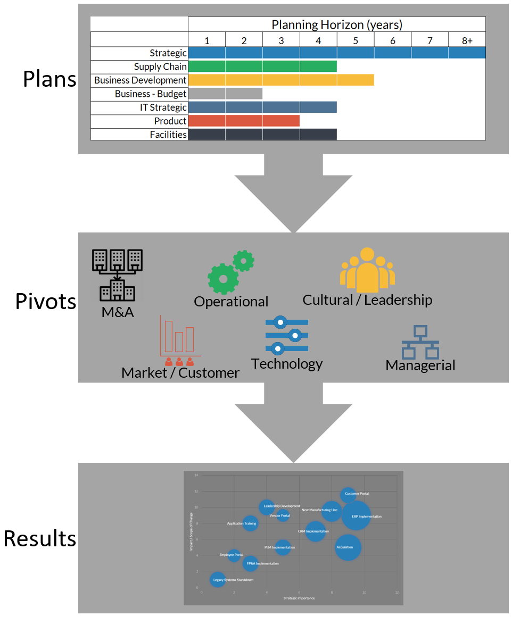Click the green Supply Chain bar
[x=262, y=66]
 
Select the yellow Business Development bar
[x=281, y=80]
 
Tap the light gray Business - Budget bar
[x=225, y=94]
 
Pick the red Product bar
[x=244, y=121]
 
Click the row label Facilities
[x=168, y=135]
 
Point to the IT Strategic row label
[x=163, y=107]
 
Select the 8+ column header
[x=467, y=40]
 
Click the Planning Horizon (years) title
[x=337, y=24]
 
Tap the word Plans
[x=49, y=79]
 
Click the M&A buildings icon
[x=118, y=274]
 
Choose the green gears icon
[x=230, y=271]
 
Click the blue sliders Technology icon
[x=286, y=335]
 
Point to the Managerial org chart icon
[x=420, y=342]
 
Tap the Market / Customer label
[x=180, y=373]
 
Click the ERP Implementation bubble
[x=356, y=515]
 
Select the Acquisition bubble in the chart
[x=348, y=547]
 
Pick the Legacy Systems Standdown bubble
[x=218, y=579]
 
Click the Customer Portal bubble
[x=348, y=495]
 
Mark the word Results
[x=40, y=538]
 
